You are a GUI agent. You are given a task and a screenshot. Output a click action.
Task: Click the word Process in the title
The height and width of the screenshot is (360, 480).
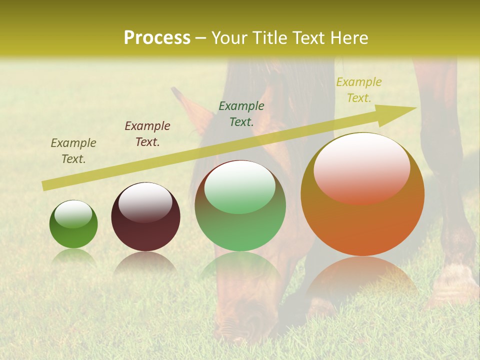click(x=157, y=38)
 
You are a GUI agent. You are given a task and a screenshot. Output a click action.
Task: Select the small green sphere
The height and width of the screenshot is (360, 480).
click(x=73, y=224)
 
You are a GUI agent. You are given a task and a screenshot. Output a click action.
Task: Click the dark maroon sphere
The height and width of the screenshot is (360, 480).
click(x=145, y=217)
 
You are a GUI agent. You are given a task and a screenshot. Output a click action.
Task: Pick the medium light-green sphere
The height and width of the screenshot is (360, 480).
click(x=240, y=206)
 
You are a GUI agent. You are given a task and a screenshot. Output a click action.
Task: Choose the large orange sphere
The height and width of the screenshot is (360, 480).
click(x=362, y=195)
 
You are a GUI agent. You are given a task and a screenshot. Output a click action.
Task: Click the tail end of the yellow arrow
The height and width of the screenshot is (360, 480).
click(x=44, y=186)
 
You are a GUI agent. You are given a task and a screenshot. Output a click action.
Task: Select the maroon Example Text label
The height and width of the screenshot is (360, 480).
click(x=147, y=134)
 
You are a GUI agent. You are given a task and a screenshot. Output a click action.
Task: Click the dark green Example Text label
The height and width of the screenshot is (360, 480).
click(x=241, y=114)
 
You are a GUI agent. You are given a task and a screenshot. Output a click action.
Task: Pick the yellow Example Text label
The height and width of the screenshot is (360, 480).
click(x=359, y=90)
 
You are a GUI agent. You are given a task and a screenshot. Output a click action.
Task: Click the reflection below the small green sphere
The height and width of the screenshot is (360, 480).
click(x=73, y=257)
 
